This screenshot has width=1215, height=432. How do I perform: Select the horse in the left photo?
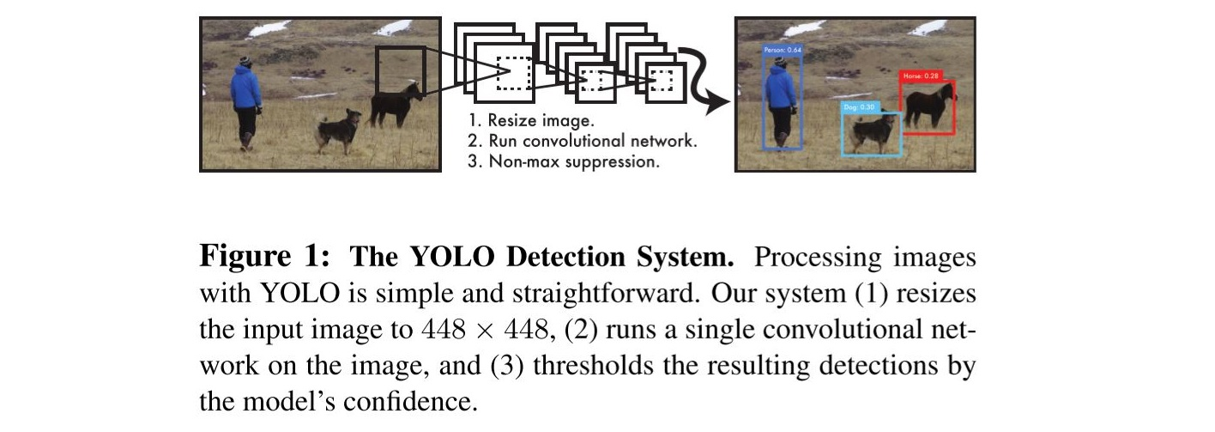(395, 103)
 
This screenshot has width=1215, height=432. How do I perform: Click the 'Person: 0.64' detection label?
(782, 51)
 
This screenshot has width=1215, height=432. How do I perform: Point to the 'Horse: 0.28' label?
(921, 76)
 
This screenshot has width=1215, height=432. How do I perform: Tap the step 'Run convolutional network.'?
(582, 141)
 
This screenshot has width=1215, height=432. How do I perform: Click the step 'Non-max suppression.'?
(564, 161)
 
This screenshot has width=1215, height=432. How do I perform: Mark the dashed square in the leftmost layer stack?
(513, 74)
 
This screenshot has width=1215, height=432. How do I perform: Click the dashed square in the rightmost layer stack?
(662, 80)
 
